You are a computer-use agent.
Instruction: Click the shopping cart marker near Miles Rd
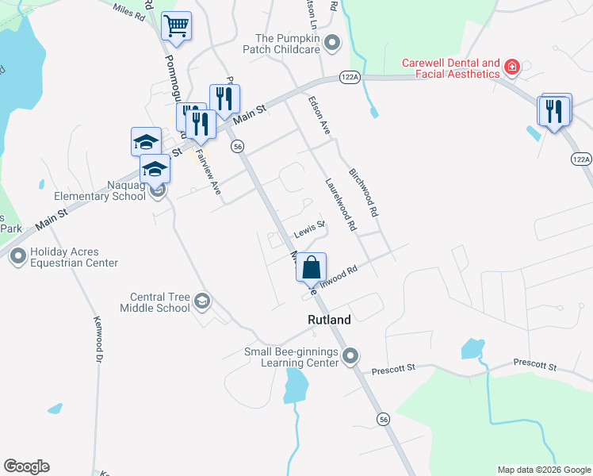point(176,26)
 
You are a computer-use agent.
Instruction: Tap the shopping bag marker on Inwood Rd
point(312,267)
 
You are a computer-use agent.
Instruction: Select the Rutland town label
point(329,321)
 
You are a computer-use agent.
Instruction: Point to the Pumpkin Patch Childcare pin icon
point(333,44)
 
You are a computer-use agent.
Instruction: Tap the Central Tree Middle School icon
point(202,301)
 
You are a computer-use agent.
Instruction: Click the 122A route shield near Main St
point(350,77)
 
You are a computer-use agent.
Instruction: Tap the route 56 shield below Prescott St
point(384,419)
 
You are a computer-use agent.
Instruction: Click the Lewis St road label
point(310,230)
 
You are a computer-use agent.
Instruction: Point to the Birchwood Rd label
point(364,193)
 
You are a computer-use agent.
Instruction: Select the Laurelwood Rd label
point(340,205)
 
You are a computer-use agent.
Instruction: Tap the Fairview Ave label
point(208,172)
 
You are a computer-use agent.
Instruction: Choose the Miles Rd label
point(128,13)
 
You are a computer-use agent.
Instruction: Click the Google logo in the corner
point(26,466)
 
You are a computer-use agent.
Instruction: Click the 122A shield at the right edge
point(581,159)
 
